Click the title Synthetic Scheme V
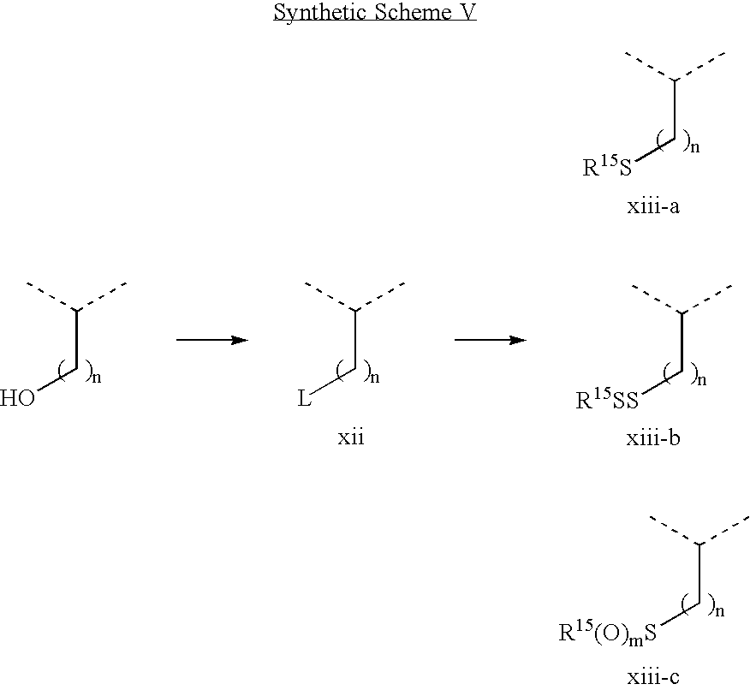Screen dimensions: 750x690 (x=375, y=12)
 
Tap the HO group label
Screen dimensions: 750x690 (x=17, y=398)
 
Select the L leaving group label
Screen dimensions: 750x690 (x=304, y=398)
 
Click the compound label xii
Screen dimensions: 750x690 (x=351, y=437)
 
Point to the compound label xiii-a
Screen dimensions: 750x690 (x=653, y=206)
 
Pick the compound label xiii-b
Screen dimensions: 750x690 (x=653, y=438)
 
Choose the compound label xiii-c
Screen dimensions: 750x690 (x=653, y=677)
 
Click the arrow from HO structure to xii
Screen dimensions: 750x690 (x=212, y=340)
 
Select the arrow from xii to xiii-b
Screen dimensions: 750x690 (x=491, y=340)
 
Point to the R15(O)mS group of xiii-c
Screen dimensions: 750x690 (x=608, y=631)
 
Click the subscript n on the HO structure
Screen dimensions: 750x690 (x=97, y=378)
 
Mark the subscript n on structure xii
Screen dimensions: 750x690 (x=375, y=378)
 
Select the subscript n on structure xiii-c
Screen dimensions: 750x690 (x=720, y=611)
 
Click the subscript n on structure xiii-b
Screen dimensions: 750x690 (x=702, y=381)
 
